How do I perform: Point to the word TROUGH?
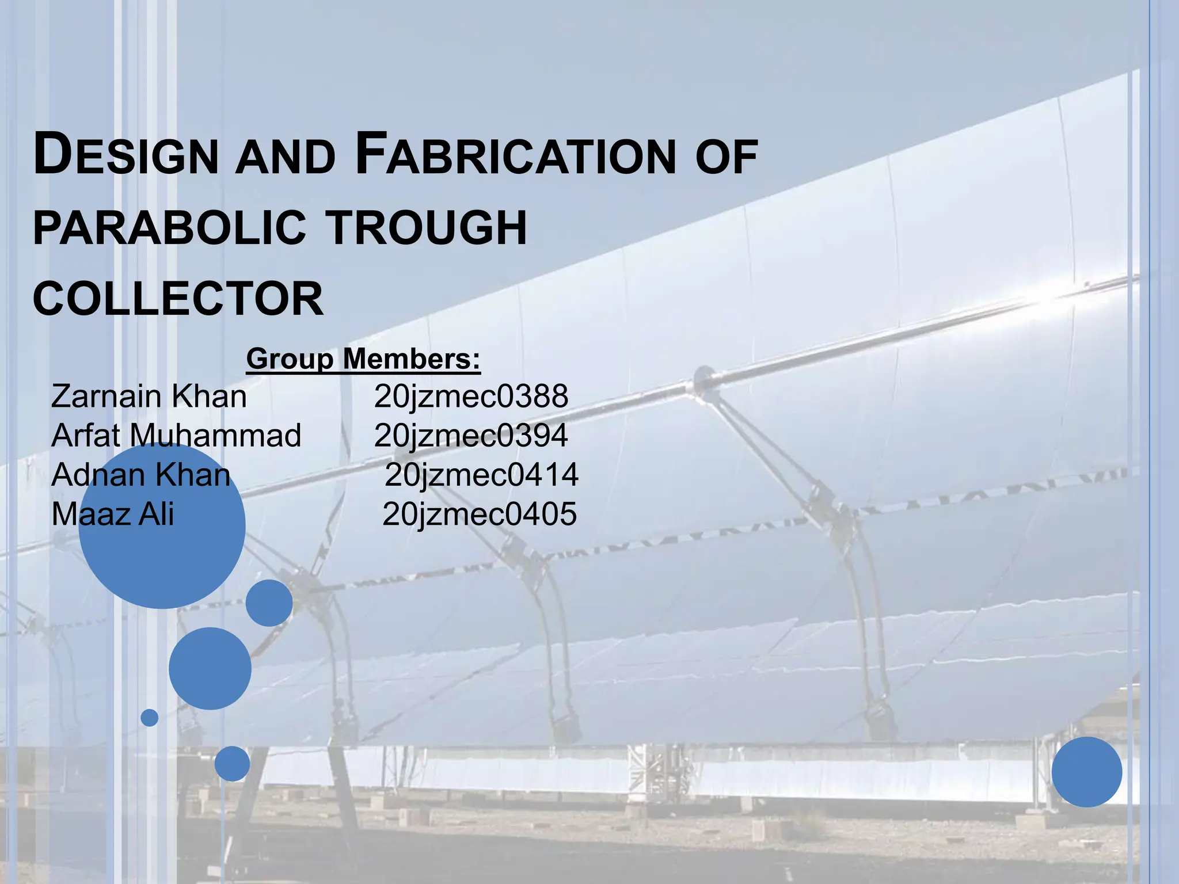[427, 228]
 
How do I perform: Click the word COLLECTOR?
[178, 299]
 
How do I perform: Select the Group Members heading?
[363, 359]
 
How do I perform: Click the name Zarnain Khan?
[149, 397]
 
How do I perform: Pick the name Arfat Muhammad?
[176, 436]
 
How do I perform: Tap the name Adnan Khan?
[141, 475]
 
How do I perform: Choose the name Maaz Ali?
[113, 514]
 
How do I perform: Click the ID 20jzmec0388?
[471, 397]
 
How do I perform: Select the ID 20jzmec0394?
[471, 436]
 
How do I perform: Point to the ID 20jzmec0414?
[481, 475]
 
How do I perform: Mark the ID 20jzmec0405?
[480, 514]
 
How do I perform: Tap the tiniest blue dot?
[150, 718]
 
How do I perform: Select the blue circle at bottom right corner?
[1087, 772]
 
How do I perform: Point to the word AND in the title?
[286, 158]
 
